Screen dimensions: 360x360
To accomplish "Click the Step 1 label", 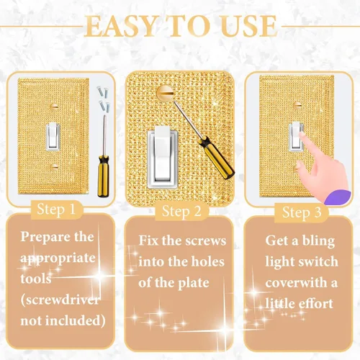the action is [56, 210].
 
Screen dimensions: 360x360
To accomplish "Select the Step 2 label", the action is [181, 211].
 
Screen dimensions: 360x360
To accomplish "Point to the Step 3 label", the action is [302, 212].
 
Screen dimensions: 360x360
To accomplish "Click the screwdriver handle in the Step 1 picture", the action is [104, 176].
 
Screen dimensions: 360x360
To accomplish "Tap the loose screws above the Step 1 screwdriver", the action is [104, 99].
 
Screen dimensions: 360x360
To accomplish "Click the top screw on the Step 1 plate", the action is [55, 106].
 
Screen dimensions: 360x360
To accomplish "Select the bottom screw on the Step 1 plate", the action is [55, 166].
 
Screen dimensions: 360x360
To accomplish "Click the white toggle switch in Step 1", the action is [53, 136].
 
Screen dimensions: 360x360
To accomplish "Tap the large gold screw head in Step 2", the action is [165, 92].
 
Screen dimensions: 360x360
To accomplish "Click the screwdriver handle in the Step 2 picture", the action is [216, 158].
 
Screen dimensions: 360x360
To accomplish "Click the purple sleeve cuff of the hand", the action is [337, 197].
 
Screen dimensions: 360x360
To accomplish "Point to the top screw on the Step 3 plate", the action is [297, 105].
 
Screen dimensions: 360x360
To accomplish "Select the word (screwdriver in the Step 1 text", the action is [60, 300].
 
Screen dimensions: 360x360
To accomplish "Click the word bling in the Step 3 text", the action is [318, 241].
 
